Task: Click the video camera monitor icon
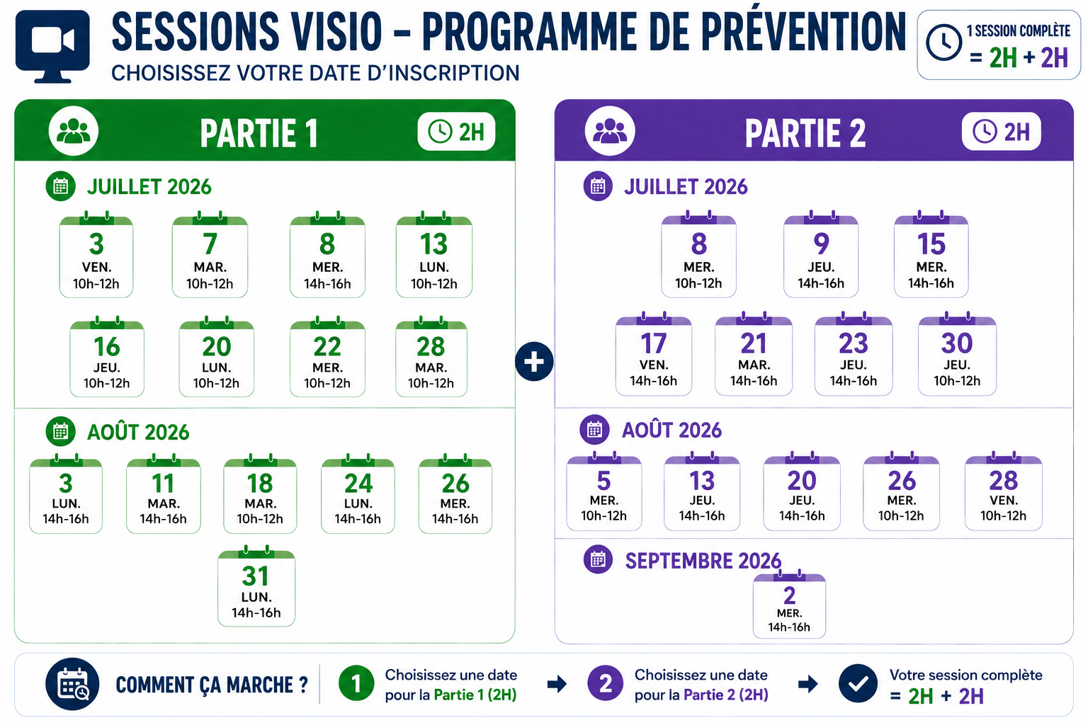52,47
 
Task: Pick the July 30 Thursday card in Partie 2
957,354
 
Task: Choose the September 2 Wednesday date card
789,605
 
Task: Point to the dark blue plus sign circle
534,362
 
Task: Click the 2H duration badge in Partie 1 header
456,132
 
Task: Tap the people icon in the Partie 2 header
610,131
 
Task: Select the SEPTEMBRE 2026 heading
703,561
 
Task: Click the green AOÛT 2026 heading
138,432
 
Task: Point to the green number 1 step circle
356,683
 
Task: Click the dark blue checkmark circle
858,684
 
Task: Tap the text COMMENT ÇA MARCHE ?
212,685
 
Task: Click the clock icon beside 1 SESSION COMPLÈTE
943,42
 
